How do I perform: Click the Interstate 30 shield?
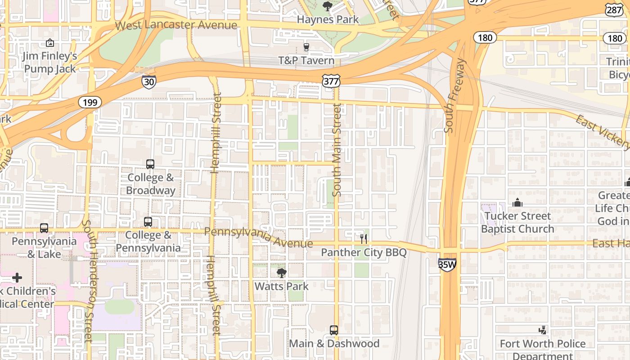pyautogui.click(x=148, y=81)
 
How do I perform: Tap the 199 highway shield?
pyautogui.click(x=90, y=103)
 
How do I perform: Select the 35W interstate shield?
pyautogui.click(x=447, y=264)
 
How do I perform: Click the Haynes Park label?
pyautogui.click(x=328, y=19)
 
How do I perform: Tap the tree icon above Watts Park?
pyautogui.click(x=282, y=272)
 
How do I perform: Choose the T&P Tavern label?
pyautogui.click(x=306, y=60)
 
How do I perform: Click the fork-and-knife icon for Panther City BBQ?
pyautogui.click(x=364, y=239)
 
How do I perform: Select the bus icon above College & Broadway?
pyautogui.click(x=150, y=164)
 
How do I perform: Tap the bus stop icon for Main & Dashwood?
pyautogui.click(x=334, y=330)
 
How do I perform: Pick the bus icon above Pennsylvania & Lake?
pyautogui.click(x=44, y=228)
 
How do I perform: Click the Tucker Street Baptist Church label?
pyautogui.click(x=517, y=222)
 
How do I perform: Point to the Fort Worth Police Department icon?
pyautogui.click(x=543, y=330)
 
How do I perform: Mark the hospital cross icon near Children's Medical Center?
pyautogui.click(x=17, y=278)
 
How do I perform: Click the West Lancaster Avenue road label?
pyautogui.click(x=176, y=25)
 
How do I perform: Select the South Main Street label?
pyautogui.click(x=337, y=150)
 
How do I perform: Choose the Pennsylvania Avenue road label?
pyautogui.click(x=258, y=238)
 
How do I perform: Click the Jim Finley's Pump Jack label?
pyautogui.click(x=50, y=63)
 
